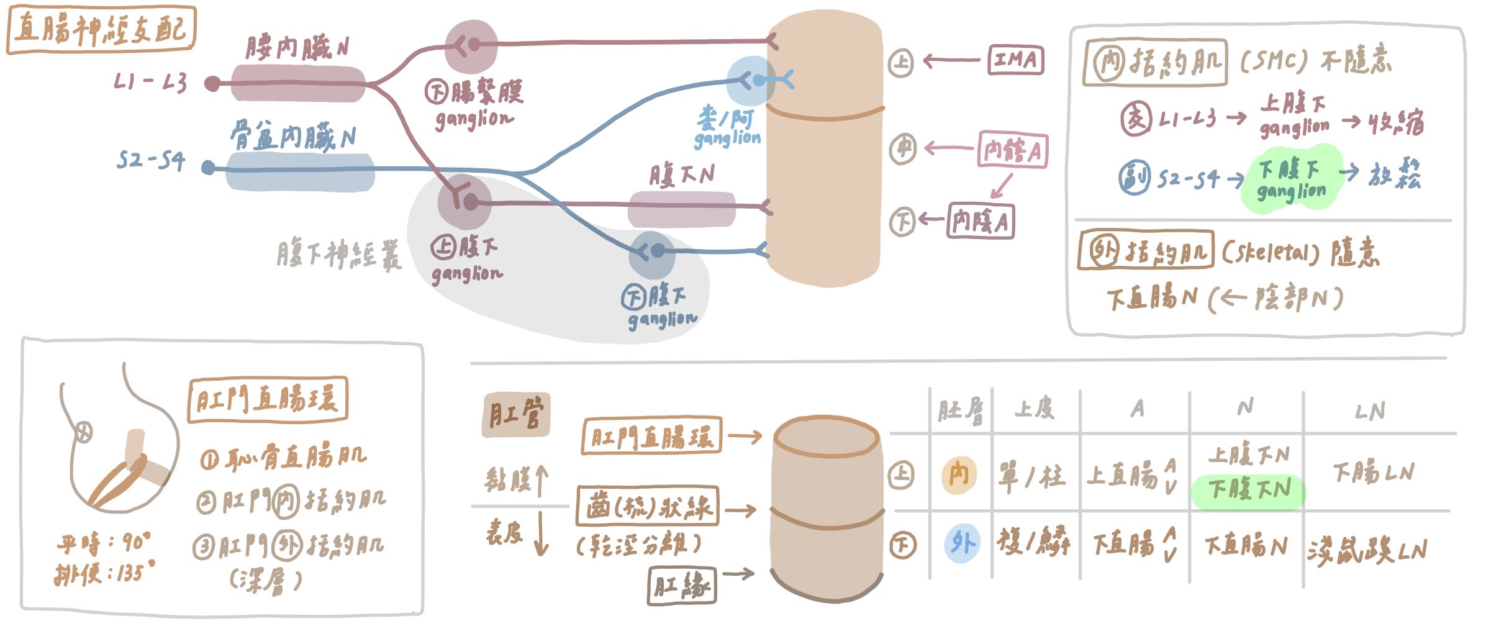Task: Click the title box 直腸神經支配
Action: (x=101, y=30)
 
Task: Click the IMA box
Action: (x=1015, y=60)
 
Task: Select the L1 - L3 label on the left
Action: (x=150, y=82)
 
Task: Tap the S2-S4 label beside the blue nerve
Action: (x=151, y=161)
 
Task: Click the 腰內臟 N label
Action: (x=297, y=48)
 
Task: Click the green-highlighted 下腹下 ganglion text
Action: (x=1292, y=179)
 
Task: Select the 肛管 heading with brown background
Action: (x=515, y=414)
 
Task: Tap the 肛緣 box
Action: (x=682, y=585)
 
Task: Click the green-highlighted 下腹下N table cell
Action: (x=1249, y=490)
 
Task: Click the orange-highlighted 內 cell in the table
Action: (x=959, y=475)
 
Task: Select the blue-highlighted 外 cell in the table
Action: (x=962, y=543)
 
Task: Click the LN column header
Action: (x=1370, y=411)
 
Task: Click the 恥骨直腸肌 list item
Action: (x=284, y=458)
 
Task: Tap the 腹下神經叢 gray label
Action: (x=339, y=255)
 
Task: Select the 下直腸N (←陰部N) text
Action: (x=1223, y=299)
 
